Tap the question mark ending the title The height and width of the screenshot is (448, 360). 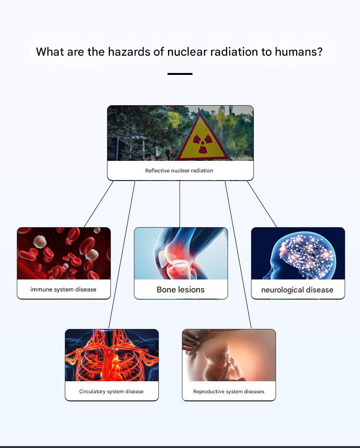319,52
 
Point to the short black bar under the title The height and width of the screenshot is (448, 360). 180,74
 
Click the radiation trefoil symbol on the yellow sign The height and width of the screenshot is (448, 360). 203,143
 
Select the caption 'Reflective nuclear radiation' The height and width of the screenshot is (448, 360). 179,170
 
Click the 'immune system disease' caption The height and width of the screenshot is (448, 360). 63,290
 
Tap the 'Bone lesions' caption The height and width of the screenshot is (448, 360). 180,290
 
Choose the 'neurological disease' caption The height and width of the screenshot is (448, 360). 297,290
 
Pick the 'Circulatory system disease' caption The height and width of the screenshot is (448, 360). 111,391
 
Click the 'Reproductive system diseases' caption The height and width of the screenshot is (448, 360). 228,391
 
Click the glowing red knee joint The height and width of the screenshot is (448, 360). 177,261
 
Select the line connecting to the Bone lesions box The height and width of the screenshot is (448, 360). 180,204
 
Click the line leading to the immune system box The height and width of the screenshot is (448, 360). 98,204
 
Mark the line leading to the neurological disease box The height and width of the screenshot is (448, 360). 262,204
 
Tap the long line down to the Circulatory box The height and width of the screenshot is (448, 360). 122,254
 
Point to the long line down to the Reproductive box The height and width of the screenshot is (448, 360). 238,254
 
